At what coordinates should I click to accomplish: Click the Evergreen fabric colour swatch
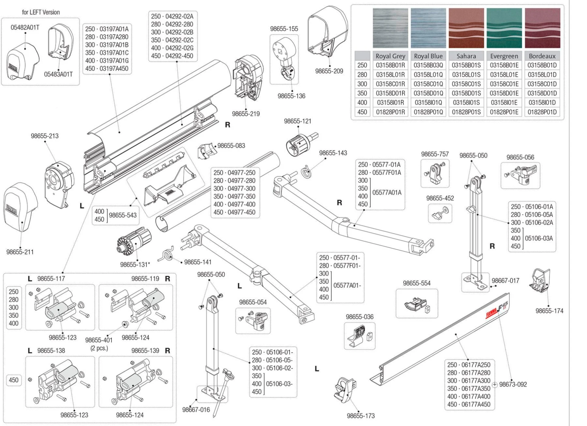504,28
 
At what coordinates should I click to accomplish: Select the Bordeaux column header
542,56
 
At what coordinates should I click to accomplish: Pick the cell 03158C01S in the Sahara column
466,84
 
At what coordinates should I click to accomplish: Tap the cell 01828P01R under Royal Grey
390,112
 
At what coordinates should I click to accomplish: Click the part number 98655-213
45,136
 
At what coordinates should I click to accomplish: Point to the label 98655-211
20,252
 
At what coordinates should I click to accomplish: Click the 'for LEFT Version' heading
41,12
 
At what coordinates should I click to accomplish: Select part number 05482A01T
25,28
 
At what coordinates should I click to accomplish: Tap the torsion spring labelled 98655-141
167,254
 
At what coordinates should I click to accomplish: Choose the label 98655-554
416,283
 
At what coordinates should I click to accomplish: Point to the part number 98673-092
513,384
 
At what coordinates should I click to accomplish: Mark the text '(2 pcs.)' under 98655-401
99,348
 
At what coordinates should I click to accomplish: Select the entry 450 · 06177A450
469,404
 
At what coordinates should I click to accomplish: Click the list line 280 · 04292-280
172,24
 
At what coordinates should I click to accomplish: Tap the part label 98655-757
435,154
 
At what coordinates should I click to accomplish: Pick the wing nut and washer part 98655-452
439,213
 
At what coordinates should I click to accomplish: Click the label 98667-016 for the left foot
196,410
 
